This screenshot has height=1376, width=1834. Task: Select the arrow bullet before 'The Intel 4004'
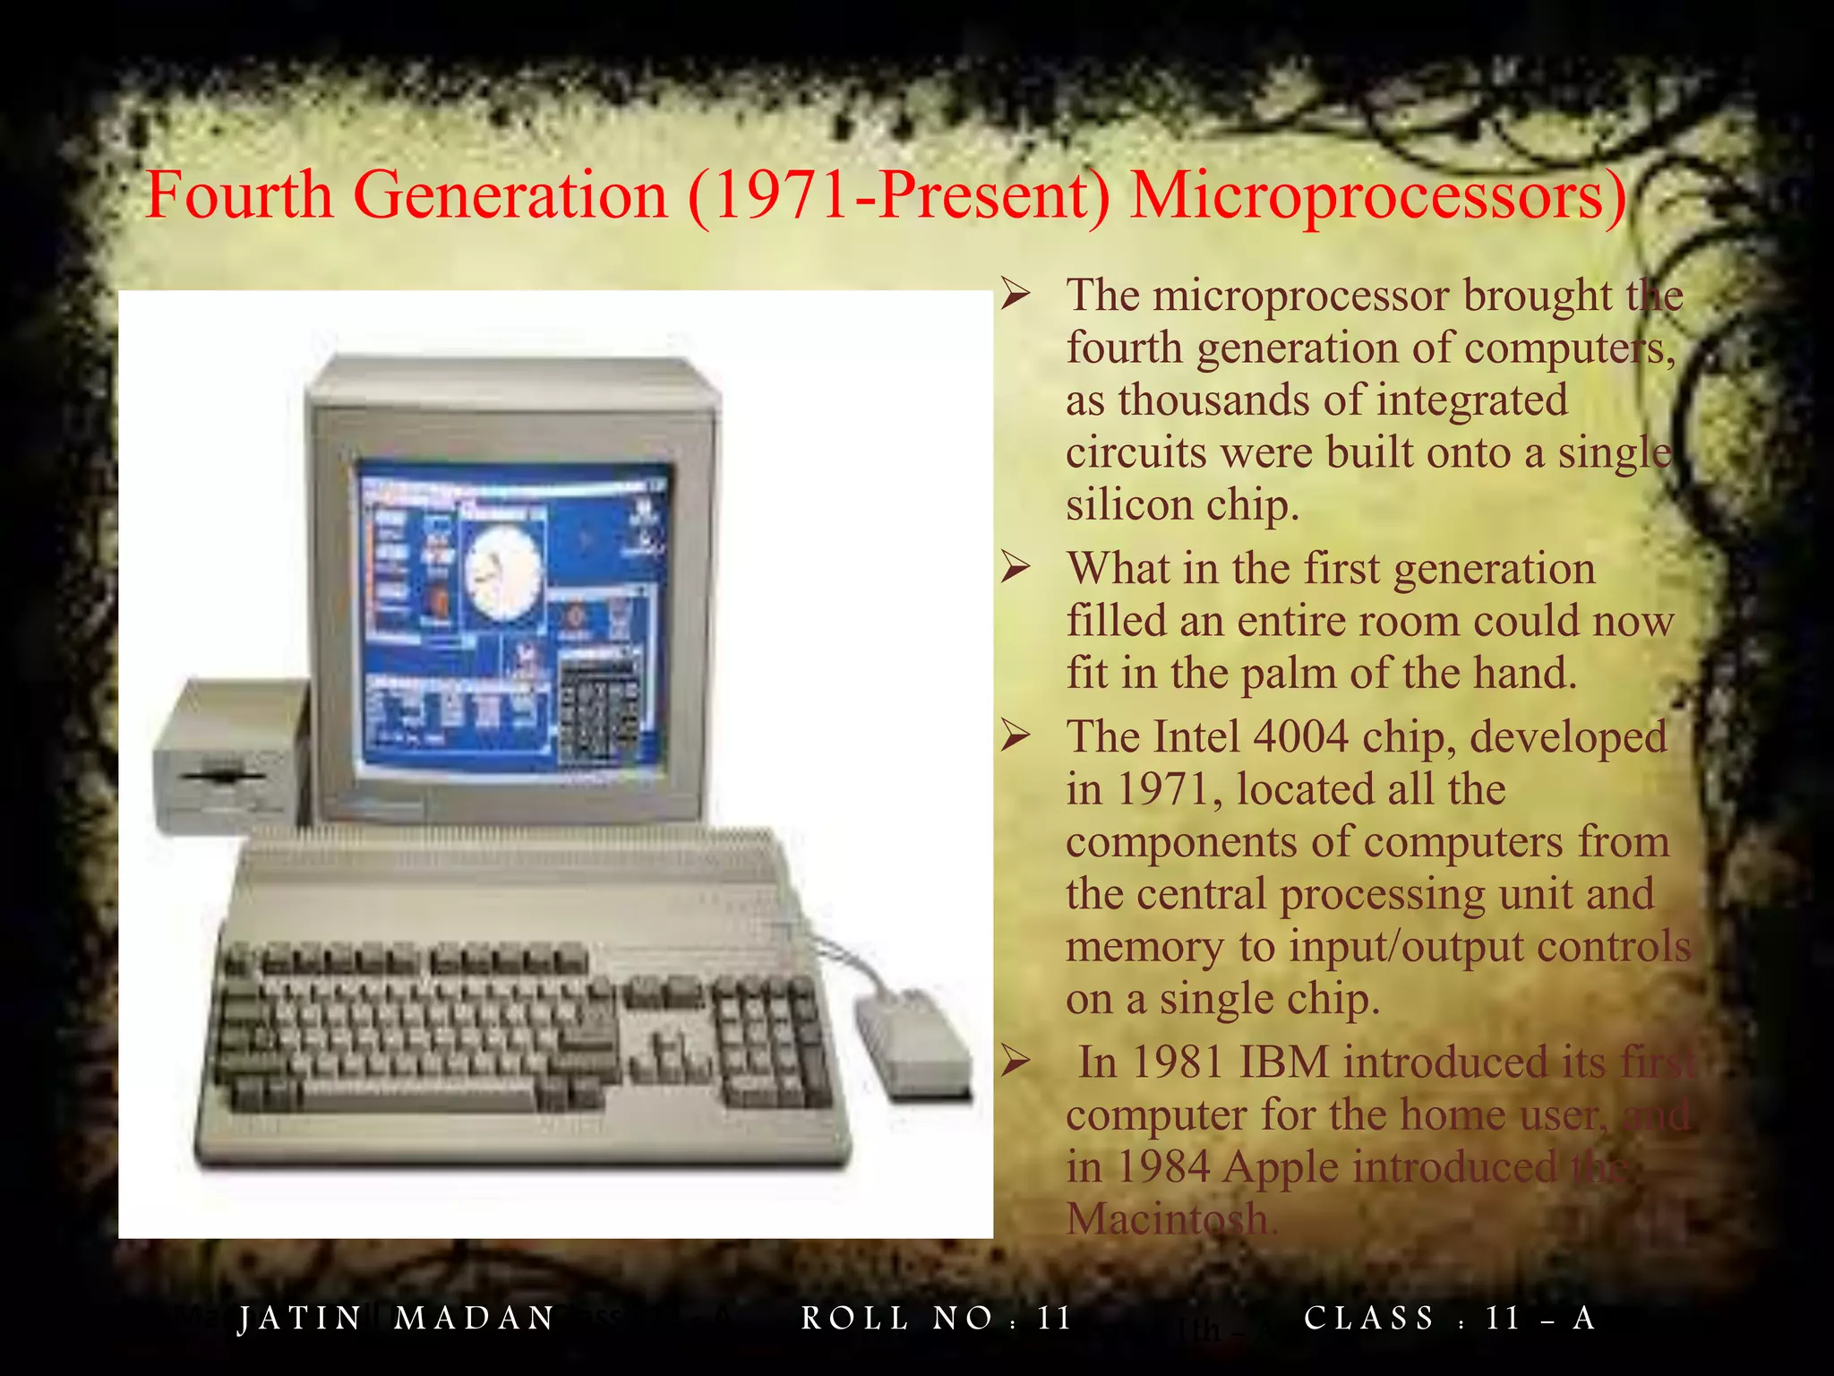[1016, 735]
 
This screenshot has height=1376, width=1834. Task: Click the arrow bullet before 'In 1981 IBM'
[1016, 1062]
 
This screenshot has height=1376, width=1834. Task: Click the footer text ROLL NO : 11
[937, 1319]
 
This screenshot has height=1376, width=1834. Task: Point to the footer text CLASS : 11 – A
[1449, 1319]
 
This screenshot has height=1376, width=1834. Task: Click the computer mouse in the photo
[912, 1043]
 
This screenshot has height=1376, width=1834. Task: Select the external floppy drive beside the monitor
[231, 758]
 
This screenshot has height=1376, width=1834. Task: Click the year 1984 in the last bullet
[1163, 1168]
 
